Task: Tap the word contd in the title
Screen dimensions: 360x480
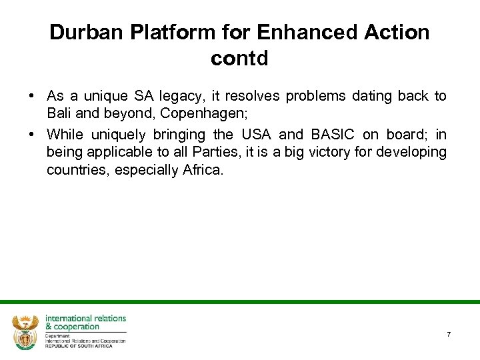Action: click(239, 59)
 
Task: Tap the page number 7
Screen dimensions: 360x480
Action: click(449, 334)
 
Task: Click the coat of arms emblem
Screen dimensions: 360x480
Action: click(25, 331)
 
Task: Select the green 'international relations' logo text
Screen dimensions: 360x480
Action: click(85, 319)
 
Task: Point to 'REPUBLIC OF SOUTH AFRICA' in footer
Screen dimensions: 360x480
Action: click(79, 345)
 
